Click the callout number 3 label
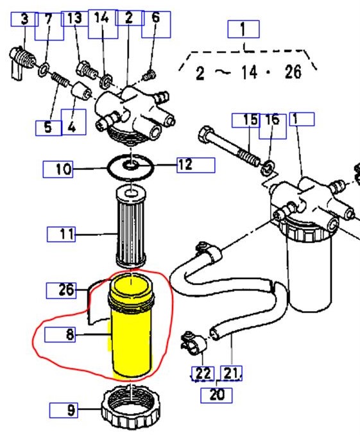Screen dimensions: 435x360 (x=25, y=19)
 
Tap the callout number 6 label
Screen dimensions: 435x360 (x=155, y=19)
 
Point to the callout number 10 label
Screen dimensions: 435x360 (x=63, y=169)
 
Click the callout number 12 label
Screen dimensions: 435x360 (x=185, y=165)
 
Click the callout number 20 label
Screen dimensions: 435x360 (x=216, y=394)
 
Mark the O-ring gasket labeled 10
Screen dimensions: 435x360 (x=131, y=167)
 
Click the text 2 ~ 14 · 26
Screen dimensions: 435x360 (x=248, y=71)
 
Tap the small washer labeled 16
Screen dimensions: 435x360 (x=266, y=169)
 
